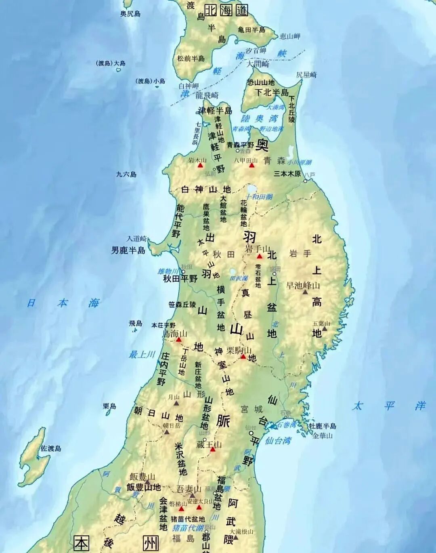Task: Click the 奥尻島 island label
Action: click(130, 14)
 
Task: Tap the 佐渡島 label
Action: click(51, 448)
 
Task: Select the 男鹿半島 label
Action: click(128, 250)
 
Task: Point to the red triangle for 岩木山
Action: click(200, 166)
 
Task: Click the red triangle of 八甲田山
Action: click(252, 165)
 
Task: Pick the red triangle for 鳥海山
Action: click(178, 340)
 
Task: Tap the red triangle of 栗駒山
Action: click(243, 356)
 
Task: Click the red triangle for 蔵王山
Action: click(212, 449)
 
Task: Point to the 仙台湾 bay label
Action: click(278, 441)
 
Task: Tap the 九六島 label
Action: click(126, 175)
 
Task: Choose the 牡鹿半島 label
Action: click(323, 426)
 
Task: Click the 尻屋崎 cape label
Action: click(306, 75)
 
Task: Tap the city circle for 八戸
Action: click(305, 181)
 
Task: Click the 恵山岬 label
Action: click(290, 36)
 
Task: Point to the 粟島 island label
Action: click(109, 406)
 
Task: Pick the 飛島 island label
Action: click(136, 323)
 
